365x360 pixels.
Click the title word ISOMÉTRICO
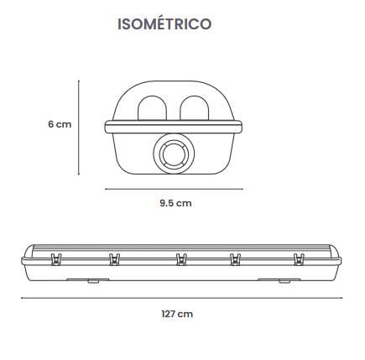[x=164, y=23]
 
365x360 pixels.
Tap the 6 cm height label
[x=60, y=124]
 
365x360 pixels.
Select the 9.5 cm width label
[x=175, y=203]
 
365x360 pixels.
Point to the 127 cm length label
[x=177, y=314]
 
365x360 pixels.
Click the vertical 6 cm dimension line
[x=79, y=128]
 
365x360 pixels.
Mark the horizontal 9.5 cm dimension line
[x=174, y=189]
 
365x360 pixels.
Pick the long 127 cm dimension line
[x=182, y=298]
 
